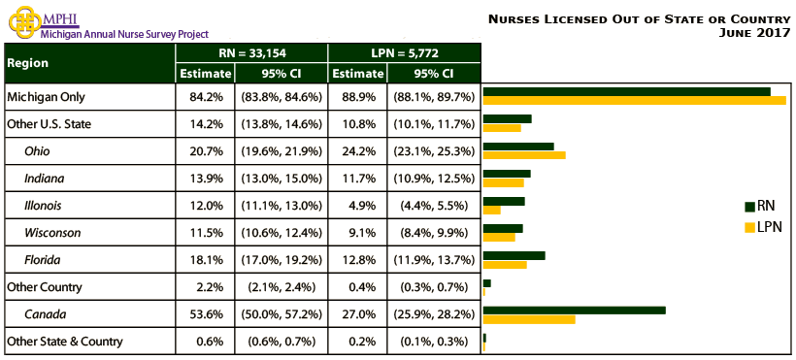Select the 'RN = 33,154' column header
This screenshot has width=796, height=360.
pyautogui.click(x=251, y=52)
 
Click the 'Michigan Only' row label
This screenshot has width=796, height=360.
pyautogui.click(x=44, y=97)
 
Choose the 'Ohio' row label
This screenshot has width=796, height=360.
pyautogui.click(x=38, y=151)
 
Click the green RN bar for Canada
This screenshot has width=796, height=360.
pyautogui.click(x=574, y=310)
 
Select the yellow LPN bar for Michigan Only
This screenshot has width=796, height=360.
pyautogui.click(x=634, y=101)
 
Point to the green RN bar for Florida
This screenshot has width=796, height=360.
pyautogui.click(x=514, y=255)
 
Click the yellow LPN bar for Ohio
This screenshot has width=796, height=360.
pyautogui.click(x=524, y=155)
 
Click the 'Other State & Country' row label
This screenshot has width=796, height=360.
pyautogui.click(x=64, y=342)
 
